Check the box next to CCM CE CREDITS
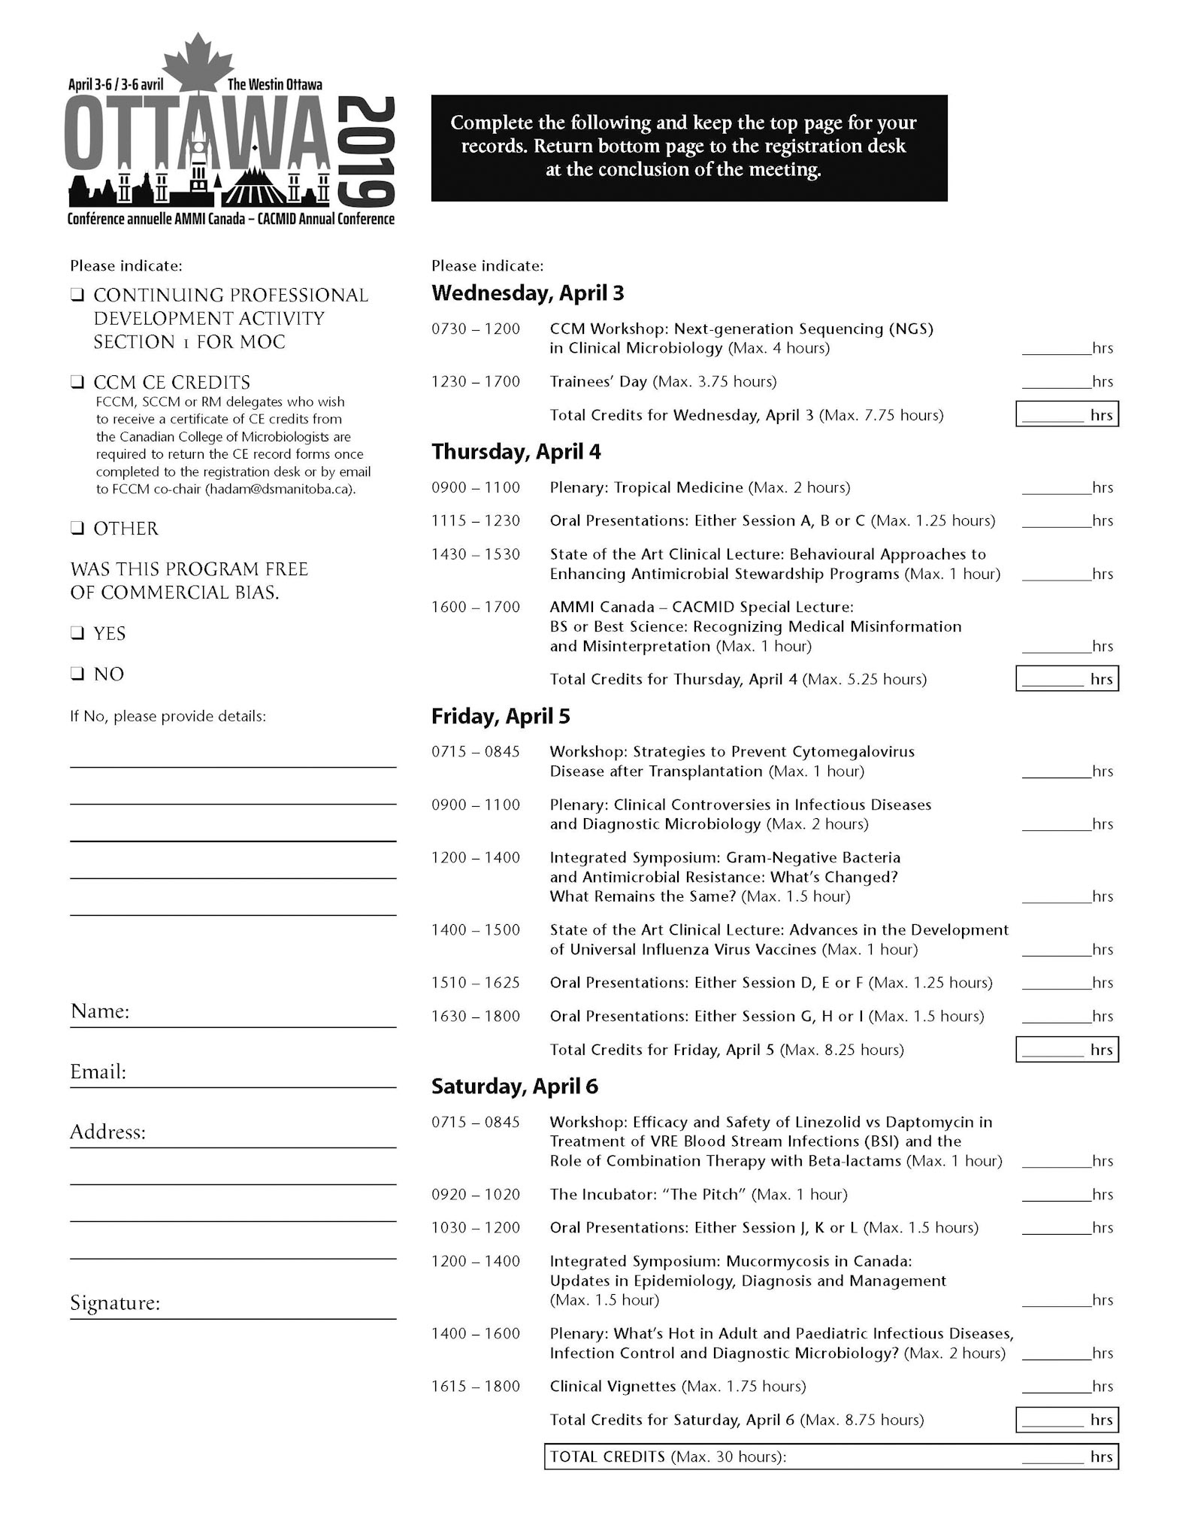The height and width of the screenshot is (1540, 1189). [x=77, y=382]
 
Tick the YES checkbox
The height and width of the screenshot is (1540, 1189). [x=77, y=633]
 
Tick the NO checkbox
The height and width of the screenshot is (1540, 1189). [x=77, y=674]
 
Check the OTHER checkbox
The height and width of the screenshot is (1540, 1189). [x=77, y=529]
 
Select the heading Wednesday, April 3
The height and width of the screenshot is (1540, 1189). [x=528, y=293]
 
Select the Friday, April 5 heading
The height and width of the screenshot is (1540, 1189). [x=501, y=717]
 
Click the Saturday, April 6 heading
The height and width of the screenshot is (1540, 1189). [x=515, y=1087]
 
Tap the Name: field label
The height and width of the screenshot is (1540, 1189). [x=100, y=1011]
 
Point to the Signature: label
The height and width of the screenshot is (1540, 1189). [x=115, y=1303]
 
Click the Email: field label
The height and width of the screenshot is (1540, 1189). [x=98, y=1072]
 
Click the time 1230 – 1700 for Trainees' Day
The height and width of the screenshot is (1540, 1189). [x=475, y=382]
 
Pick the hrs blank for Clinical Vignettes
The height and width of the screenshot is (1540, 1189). [x=1056, y=1387]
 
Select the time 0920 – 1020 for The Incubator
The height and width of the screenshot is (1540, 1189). [x=475, y=1195]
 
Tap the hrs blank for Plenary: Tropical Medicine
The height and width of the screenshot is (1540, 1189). [x=1056, y=488]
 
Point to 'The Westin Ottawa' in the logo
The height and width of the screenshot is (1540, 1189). [x=274, y=84]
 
